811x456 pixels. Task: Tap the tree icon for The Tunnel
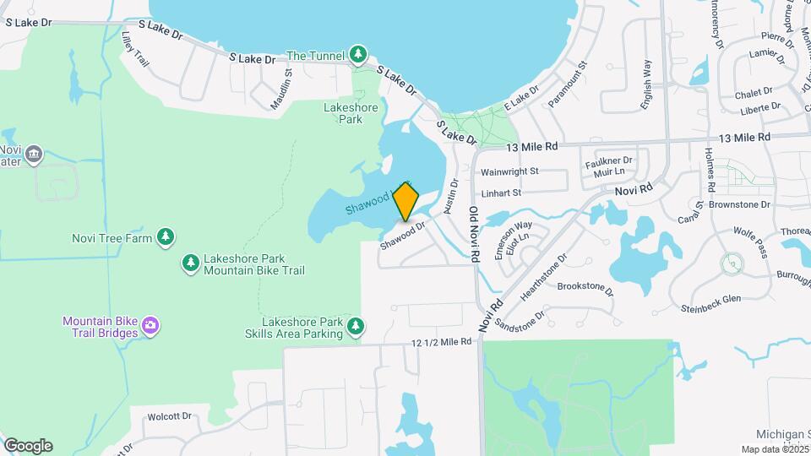click(359, 55)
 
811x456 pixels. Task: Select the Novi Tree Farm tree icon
click(166, 237)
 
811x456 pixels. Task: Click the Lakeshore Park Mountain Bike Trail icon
click(191, 264)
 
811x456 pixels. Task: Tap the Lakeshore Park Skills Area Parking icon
click(357, 326)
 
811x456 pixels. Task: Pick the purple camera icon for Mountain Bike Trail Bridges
click(150, 326)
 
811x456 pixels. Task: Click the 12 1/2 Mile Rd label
click(441, 342)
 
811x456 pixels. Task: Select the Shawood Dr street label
click(401, 236)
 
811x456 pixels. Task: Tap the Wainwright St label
click(510, 171)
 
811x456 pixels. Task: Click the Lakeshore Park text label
click(343, 113)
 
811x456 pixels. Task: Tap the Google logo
click(28, 446)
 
